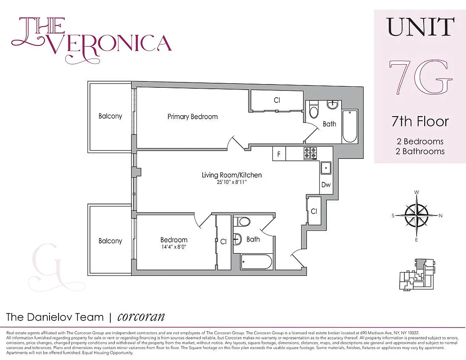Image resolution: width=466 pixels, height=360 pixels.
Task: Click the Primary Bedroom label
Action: point(192,117)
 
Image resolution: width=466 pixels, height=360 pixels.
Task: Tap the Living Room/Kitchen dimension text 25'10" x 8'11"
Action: point(231,182)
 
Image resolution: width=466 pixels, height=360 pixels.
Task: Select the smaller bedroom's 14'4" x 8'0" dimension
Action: point(174,247)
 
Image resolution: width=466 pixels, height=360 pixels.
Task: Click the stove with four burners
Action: point(310,153)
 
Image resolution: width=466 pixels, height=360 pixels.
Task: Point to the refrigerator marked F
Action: point(279,154)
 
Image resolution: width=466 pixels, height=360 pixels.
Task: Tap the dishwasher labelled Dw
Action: point(326,185)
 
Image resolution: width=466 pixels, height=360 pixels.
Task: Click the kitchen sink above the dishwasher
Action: point(326,168)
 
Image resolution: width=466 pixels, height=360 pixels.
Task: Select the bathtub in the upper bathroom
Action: point(349,126)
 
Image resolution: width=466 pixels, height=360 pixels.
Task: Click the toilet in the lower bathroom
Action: point(244,221)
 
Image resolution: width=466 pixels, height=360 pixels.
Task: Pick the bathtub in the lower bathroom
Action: point(256,261)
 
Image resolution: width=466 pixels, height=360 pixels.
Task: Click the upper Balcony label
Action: point(110,116)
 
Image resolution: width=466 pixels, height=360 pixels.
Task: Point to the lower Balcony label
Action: point(110,241)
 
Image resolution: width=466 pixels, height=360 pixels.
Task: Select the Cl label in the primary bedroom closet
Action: point(277,100)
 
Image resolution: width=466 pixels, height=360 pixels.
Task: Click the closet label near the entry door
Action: point(314,211)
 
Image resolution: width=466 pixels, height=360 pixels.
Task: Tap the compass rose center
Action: point(416,216)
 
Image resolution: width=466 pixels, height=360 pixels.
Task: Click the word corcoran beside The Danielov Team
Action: point(141,316)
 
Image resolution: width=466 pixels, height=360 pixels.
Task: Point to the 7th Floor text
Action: point(420,121)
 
